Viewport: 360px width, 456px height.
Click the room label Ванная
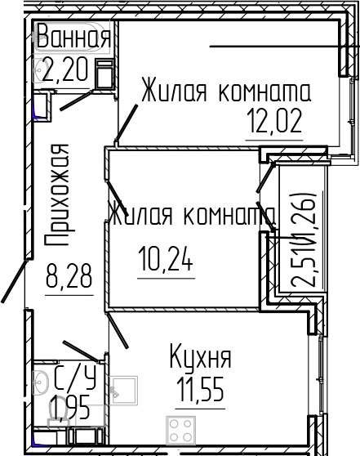click(x=73, y=36)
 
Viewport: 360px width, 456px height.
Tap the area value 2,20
click(x=64, y=69)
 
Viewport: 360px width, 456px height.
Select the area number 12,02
click(x=274, y=121)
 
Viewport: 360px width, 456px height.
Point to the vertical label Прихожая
click(x=60, y=195)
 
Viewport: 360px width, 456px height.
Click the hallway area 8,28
click(x=69, y=275)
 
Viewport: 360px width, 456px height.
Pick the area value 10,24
click(x=166, y=258)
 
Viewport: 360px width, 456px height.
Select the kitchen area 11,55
click(x=201, y=389)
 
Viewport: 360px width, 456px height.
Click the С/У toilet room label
click(x=75, y=378)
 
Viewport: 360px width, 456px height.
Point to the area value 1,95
click(x=69, y=409)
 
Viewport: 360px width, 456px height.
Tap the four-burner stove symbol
click(x=180, y=431)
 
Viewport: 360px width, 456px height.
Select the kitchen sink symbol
click(x=123, y=391)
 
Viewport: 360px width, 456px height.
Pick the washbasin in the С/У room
click(x=40, y=382)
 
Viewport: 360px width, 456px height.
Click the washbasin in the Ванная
click(x=40, y=70)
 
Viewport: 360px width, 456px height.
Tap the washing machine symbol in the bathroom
click(x=104, y=74)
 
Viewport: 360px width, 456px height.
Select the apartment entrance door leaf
click(x=14, y=281)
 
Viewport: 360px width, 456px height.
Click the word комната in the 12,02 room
click(x=264, y=92)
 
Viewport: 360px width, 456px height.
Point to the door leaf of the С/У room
click(x=82, y=351)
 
